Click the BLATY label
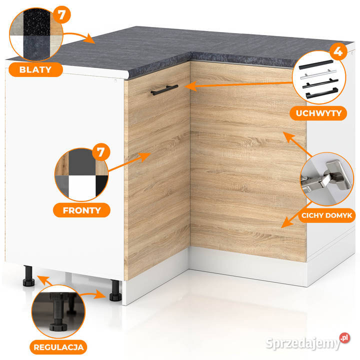coord(35,69)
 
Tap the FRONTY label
coord(81,210)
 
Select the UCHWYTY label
coord(318,113)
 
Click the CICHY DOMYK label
coord(326,215)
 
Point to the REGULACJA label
coord(58,347)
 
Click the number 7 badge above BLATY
coord(61,14)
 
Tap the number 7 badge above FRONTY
coord(101,152)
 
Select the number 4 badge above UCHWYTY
coord(338,51)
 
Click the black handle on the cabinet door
coord(164,90)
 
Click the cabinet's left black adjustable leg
coord(28,276)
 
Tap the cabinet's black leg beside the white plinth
coord(115,290)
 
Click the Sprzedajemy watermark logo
coord(308,341)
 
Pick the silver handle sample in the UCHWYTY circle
coord(318,74)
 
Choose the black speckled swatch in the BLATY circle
coord(36,22)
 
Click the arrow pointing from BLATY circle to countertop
coord(79,36)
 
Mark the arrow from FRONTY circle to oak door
coord(129,161)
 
